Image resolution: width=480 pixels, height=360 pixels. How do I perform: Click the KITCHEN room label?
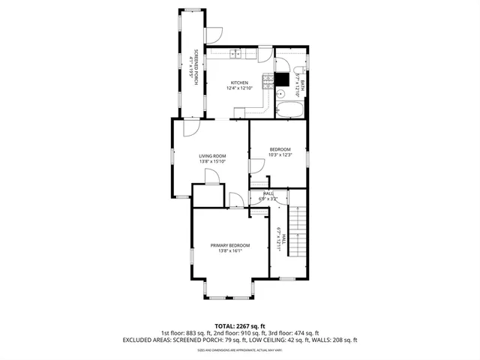[x=239, y=82]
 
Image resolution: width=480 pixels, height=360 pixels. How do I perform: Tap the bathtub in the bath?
[x=291, y=111]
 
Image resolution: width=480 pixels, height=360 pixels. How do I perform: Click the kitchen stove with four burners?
[x=266, y=81]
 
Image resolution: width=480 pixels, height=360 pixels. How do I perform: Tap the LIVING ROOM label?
[x=212, y=156]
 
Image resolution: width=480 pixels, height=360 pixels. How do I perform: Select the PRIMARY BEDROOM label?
[x=229, y=245]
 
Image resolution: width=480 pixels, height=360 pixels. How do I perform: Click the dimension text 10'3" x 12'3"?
[x=280, y=155]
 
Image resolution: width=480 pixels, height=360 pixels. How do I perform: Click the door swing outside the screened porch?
[x=215, y=34]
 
